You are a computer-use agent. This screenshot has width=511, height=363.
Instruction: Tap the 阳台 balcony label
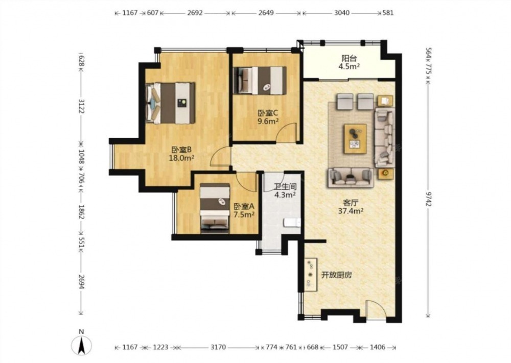coord(349,59)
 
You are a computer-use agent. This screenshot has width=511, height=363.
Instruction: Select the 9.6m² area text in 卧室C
coord(268,122)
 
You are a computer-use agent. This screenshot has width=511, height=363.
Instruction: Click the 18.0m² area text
coord(181,158)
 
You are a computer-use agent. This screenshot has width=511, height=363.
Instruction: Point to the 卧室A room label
coord(244,206)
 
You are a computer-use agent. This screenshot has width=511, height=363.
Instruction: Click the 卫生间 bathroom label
coord(285,187)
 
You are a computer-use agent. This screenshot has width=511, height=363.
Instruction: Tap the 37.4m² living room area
coord(351,211)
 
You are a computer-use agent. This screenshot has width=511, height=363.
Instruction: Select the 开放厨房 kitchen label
coord(337,275)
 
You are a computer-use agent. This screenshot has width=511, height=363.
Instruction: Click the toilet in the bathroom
coord(292,223)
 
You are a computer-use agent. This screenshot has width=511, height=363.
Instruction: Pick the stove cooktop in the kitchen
coord(311,274)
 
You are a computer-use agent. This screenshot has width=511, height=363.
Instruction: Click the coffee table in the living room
coord(355,139)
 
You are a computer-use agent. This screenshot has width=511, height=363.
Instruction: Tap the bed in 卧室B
coord(171,103)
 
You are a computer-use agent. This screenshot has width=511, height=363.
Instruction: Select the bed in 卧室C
coord(260,80)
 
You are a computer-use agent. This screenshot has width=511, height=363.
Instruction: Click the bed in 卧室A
coord(215,208)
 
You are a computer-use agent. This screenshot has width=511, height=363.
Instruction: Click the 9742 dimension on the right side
coord(429,199)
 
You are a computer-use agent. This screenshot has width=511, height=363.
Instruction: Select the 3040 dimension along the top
coord(342,13)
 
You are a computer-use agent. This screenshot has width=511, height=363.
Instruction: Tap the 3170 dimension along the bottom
coord(218,347)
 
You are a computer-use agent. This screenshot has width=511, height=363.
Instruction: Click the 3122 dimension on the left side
coord(81,107)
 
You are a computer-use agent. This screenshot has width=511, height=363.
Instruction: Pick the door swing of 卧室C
coord(287,132)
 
